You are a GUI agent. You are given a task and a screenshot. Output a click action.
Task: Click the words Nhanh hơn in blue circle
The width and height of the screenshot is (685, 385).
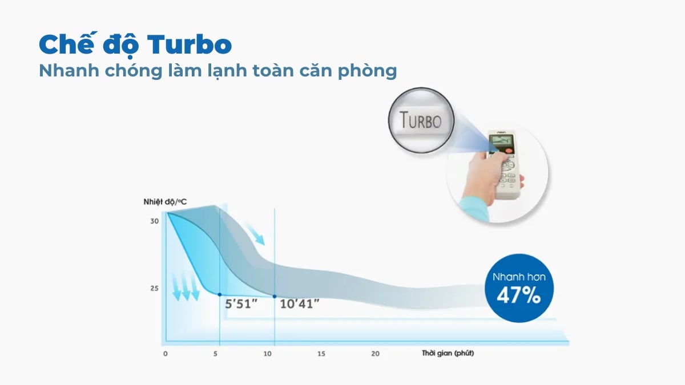[x=519, y=277]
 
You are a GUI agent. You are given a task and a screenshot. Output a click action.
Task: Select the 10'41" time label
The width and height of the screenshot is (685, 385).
[x=299, y=304]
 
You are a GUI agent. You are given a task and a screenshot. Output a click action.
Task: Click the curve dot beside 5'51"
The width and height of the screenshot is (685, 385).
[x=220, y=295]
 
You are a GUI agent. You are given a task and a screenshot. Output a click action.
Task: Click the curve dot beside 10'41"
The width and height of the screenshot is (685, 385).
[x=275, y=296]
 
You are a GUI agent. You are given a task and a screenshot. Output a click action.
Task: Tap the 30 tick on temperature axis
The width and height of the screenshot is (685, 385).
[x=154, y=221]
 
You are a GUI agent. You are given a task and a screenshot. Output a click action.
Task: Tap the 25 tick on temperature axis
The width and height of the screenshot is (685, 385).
[x=154, y=288]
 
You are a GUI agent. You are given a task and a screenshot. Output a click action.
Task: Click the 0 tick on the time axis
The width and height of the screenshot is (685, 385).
[x=165, y=354]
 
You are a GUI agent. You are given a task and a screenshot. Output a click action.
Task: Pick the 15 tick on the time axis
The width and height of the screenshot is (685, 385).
[x=321, y=354]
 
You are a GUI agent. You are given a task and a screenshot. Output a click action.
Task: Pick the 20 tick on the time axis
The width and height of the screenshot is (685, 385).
[x=375, y=354]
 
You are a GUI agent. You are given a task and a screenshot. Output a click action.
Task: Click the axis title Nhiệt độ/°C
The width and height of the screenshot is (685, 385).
[x=165, y=202]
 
